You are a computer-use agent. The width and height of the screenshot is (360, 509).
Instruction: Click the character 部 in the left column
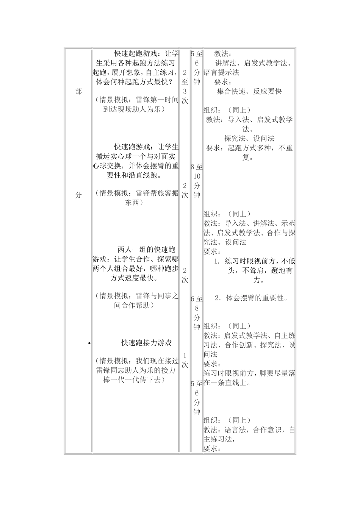[78, 91]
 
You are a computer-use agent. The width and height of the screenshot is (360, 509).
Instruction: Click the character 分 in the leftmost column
[78, 195]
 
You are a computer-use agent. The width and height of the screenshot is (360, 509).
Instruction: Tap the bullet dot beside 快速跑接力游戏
[89, 343]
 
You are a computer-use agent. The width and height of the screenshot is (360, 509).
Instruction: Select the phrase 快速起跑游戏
[136, 53]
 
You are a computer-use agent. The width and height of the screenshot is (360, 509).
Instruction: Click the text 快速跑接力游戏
[147, 343]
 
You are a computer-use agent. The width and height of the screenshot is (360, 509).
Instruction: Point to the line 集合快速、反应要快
[249, 91]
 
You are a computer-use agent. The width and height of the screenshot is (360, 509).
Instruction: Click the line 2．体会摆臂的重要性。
[251, 298]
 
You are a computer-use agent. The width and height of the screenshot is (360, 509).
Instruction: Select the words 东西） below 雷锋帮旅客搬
[134, 203]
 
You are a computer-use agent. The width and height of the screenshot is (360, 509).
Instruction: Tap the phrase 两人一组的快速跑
[147, 250]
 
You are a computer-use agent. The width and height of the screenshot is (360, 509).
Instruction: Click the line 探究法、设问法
[249, 139]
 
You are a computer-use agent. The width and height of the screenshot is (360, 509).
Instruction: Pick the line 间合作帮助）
[134, 305]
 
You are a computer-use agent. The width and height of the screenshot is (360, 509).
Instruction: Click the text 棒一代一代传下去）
[135, 380]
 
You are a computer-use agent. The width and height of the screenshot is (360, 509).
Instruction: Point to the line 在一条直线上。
[227, 383]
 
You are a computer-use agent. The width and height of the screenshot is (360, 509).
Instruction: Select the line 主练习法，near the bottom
[220, 439]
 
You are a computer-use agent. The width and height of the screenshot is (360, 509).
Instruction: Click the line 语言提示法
[222, 72]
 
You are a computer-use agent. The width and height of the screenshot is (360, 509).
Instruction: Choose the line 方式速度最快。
[135, 278]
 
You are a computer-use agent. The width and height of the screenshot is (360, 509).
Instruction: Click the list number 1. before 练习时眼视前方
[217, 261]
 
